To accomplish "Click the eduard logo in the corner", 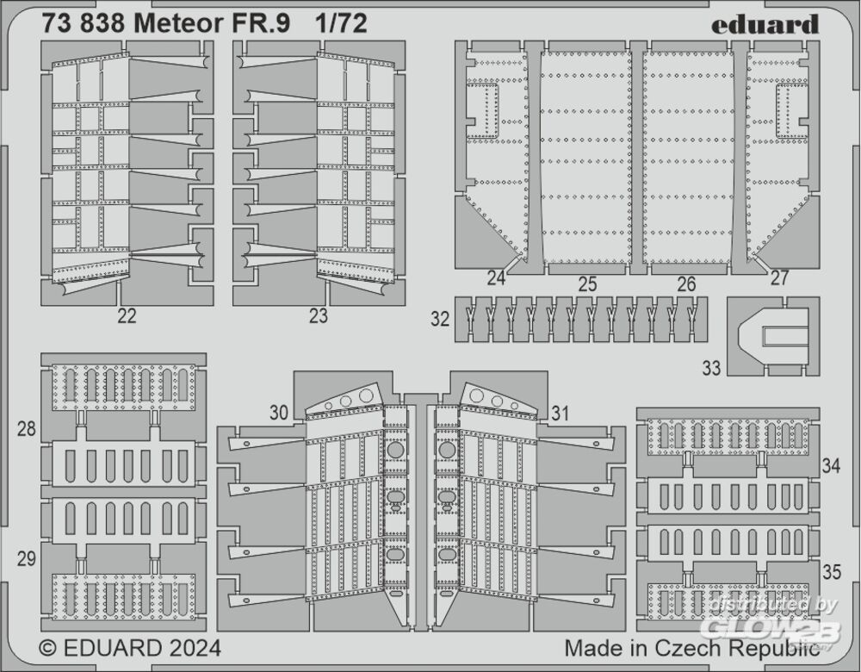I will point(765,24).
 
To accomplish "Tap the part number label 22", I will point(127,316).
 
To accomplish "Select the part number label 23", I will point(319,316).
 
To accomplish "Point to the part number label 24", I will point(496,278).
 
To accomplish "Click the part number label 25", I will point(588,283).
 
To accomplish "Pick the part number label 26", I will point(686,283).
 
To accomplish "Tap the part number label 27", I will point(779,278).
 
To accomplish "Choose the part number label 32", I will point(440,319).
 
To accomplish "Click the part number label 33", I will point(711,369).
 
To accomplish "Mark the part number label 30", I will point(278,414).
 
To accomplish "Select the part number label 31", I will point(561,414).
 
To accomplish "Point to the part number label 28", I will point(27,429).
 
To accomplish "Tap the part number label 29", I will point(27,558).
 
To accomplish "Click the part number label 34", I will point(831,466).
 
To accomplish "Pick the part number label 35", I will point(831,570).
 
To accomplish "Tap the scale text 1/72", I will point(342,24).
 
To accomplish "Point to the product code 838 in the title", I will point(101,24).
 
